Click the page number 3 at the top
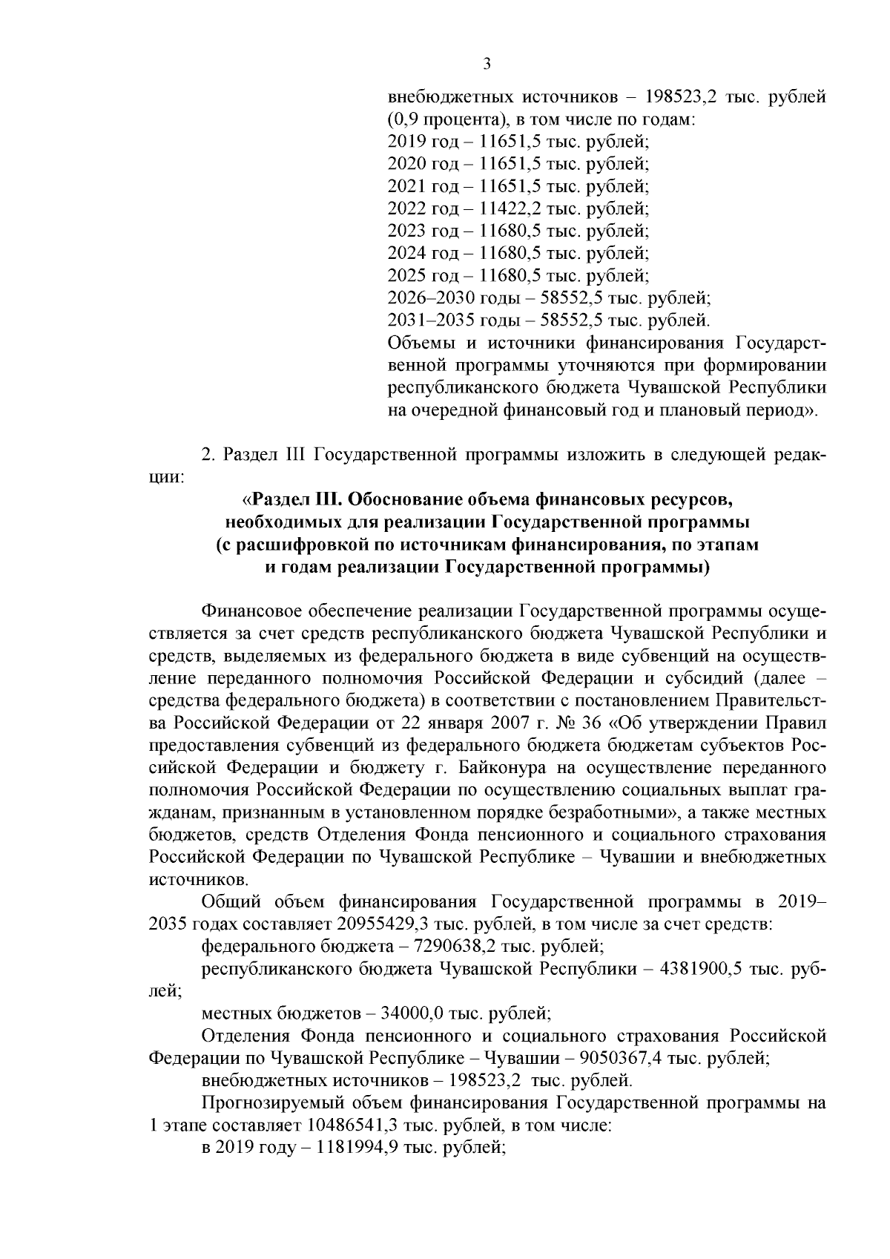point(487,64)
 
